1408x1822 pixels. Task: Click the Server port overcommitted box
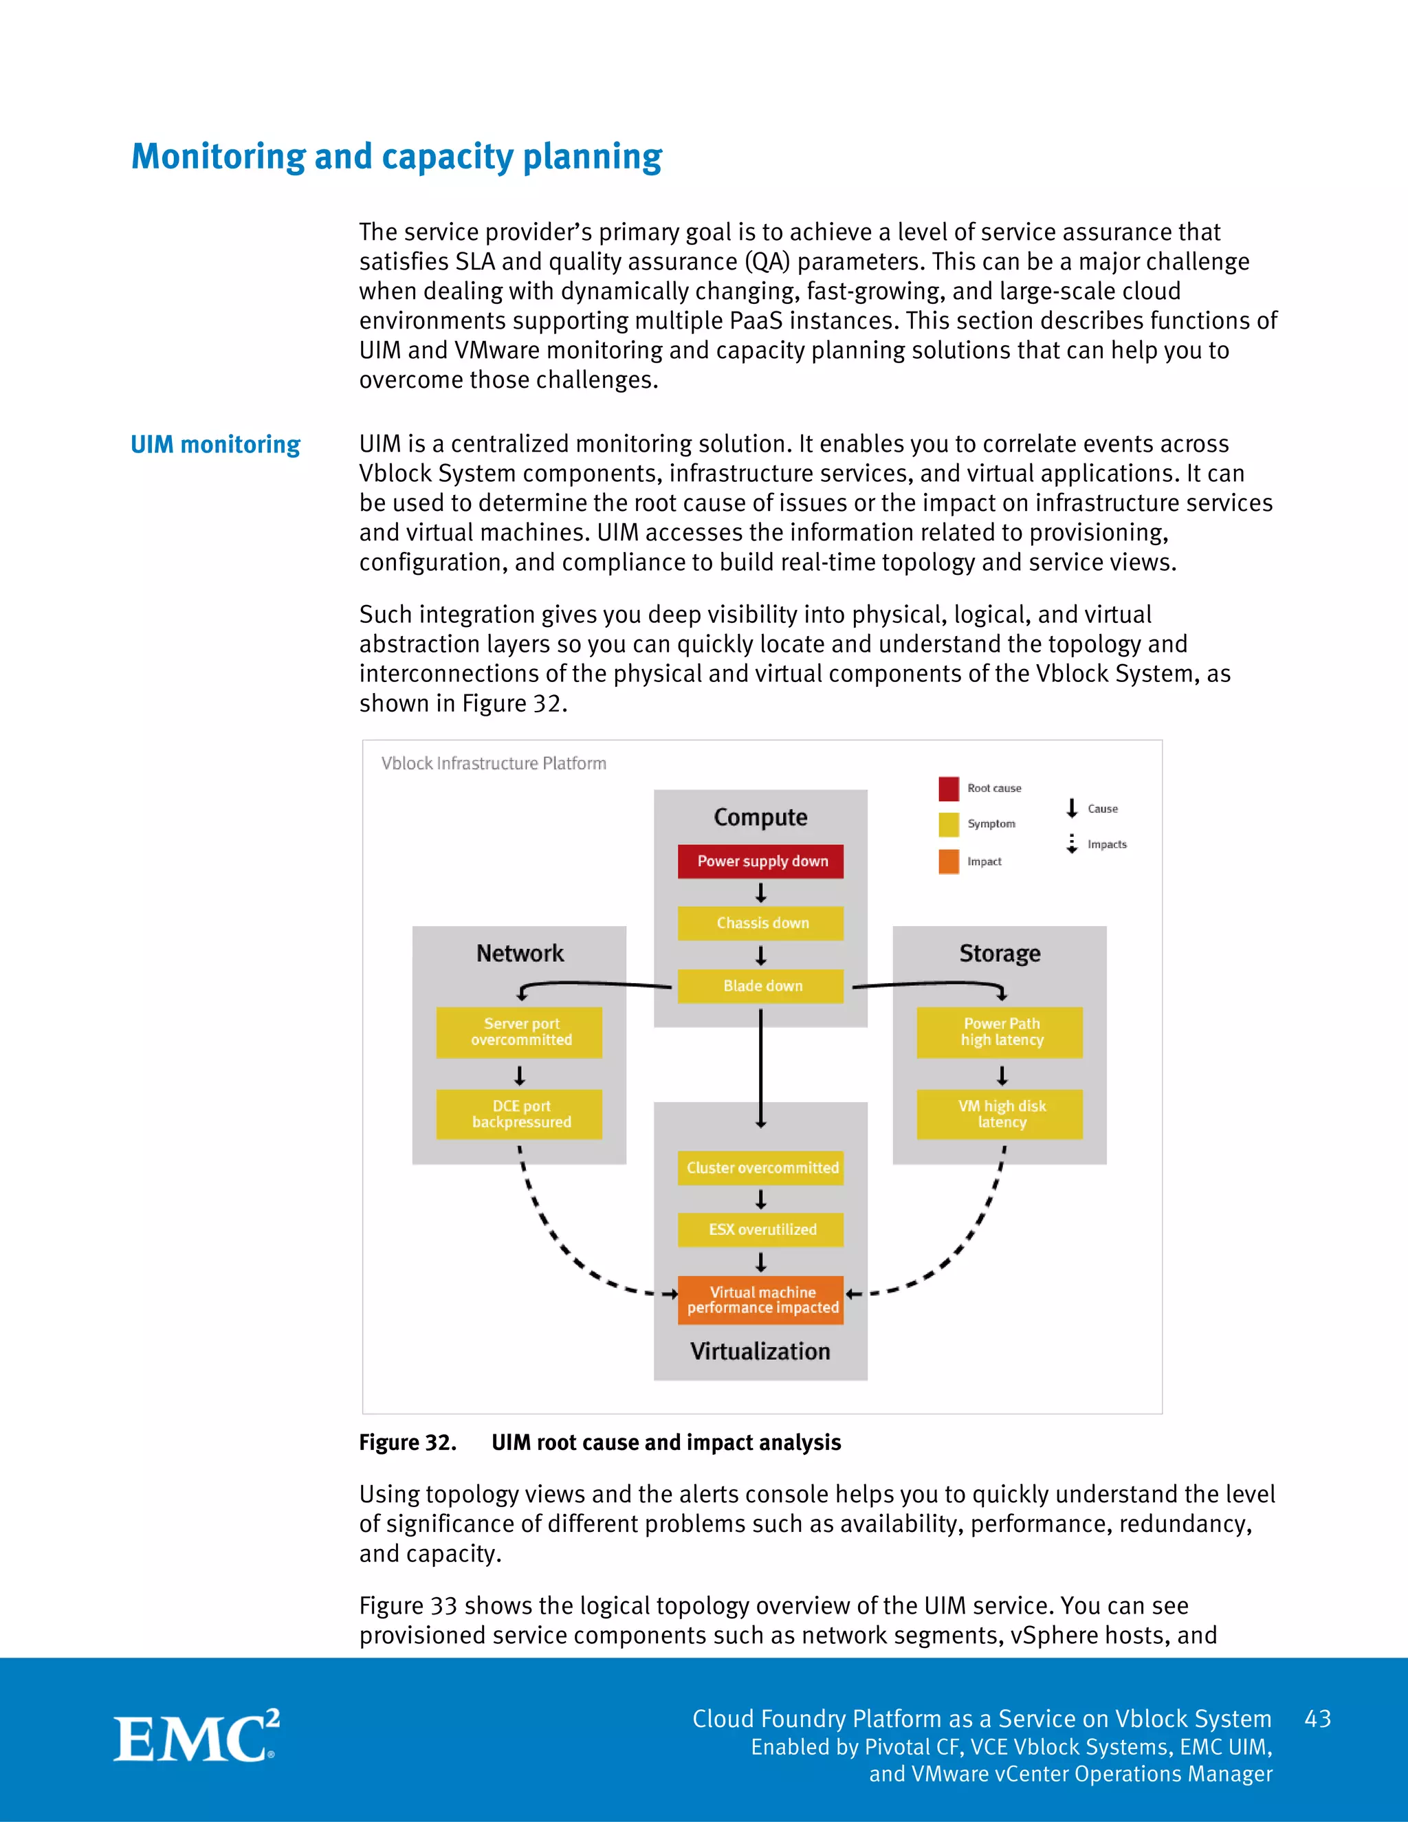519,1032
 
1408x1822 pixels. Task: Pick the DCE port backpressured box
519,1114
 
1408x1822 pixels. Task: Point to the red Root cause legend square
948,789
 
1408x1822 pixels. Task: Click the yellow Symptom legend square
948,824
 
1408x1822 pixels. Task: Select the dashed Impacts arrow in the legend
1072,844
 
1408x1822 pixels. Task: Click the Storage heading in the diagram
999,954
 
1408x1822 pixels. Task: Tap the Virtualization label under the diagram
760,1352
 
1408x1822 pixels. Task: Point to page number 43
1317,1719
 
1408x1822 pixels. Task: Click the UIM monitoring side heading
215,445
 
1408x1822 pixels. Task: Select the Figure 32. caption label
408,1442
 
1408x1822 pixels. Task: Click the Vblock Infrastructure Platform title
494,763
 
